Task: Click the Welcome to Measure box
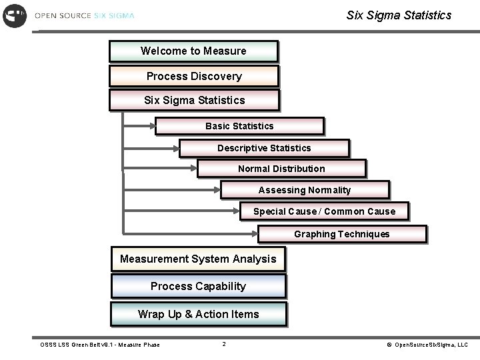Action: click(x=193, y=51)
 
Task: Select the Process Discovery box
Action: click(x=194, y=76)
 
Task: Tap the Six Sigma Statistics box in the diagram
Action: click(x=194, y=101)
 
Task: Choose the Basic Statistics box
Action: click(x=239, y=126)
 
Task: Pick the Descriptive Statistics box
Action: click(x=264, y=148)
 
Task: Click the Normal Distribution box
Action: click(x=281, y=169)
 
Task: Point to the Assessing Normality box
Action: click(x=305, y=190)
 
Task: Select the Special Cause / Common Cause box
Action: click(x=324, y=211)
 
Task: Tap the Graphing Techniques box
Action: click(x=342, y=234)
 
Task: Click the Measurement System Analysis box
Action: click(x=198, y=259)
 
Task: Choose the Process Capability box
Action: click(x=198, y=287)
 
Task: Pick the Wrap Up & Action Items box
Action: click(x=199, y=314)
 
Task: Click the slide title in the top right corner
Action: click(x=399, y=15)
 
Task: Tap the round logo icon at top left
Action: click(x=15, y=15)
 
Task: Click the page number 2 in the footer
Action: click(x=224, y=345)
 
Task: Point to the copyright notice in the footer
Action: click(x=427, y=345)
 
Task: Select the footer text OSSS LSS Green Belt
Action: click(x=100, y=345)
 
